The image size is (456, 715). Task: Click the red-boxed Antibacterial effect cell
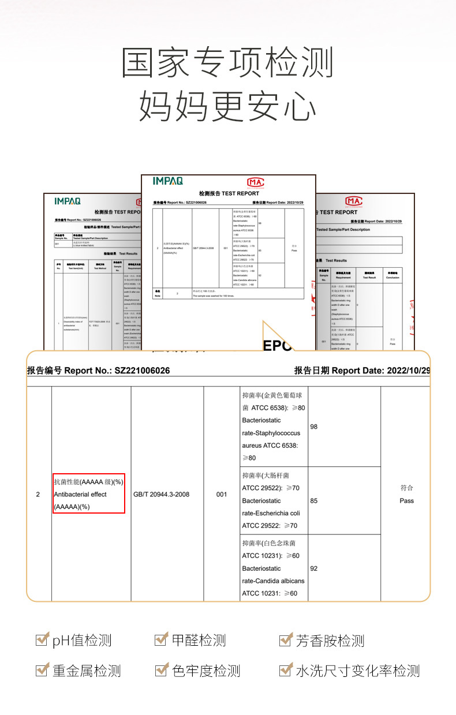point(89,494)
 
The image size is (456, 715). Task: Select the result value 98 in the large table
point(314,426)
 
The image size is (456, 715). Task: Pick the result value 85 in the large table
point(314,500)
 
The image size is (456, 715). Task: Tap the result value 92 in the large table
point(314,568)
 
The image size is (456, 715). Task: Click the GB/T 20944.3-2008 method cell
point(161,494)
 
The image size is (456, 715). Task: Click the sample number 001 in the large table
point(222,494)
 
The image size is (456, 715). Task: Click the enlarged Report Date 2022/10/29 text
point(362,370)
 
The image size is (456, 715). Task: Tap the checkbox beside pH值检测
point(42,639)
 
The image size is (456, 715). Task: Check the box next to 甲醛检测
point(161,639)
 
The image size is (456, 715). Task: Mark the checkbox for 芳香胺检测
point(285,639)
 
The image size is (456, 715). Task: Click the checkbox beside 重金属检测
point(42,670)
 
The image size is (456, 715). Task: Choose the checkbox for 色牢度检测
point(161,670)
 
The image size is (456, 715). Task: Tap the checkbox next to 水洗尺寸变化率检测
point(285,670)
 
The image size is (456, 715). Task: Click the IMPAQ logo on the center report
point(167,181)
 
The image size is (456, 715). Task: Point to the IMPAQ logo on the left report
point(68,201)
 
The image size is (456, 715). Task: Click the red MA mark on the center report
point(255,182)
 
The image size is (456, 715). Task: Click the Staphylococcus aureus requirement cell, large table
point(274,426)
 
